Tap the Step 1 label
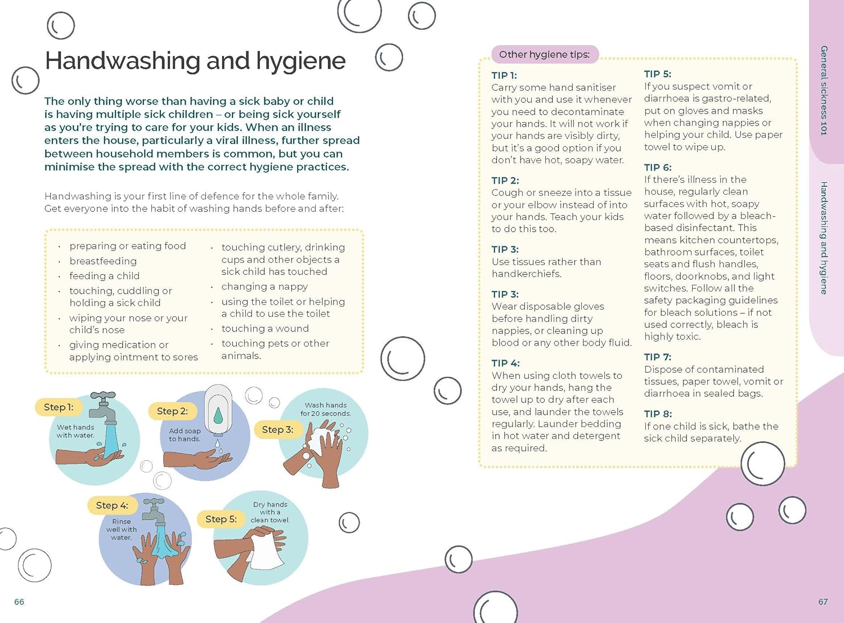(59, 407)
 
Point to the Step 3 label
(277, 429)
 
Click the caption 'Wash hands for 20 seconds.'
(325, 409)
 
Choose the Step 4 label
(112, 505)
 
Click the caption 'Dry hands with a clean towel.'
(270, 512)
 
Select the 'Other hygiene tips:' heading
(544, 55)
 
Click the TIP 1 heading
(504, 75)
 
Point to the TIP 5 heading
(657, 74)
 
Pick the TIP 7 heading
(657, 357)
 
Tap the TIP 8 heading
(658, 414)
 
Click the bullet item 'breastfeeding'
(103, 261)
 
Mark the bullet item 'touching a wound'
(265, 329)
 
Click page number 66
(19, 602)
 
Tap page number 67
(823, 602)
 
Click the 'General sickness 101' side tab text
(824, 90)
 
